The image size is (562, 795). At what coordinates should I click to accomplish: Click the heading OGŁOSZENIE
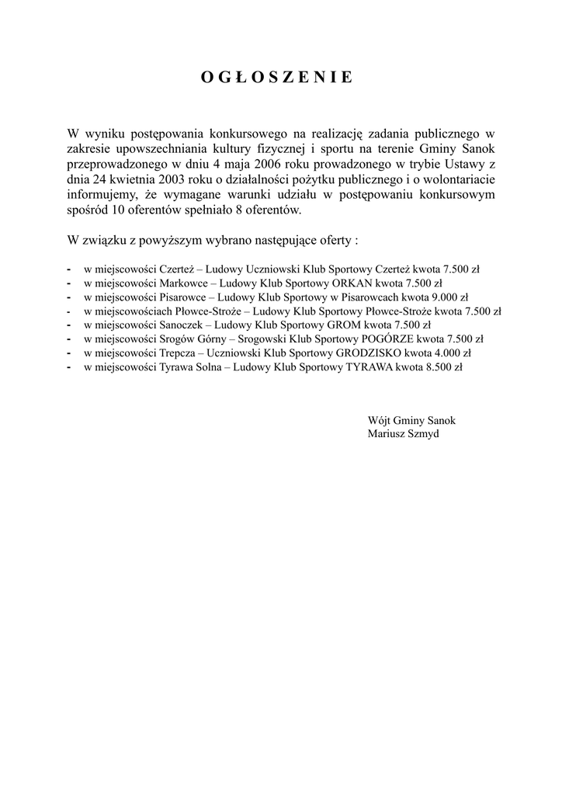[x=277, y=77]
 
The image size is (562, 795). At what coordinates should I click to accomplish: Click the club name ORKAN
[x=352, y=283]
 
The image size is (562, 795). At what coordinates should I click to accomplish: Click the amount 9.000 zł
[x=451, y=297]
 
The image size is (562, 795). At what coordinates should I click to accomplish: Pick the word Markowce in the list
[x=185, y=283]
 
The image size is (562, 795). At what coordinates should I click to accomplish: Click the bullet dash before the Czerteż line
[x=70, y=269]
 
